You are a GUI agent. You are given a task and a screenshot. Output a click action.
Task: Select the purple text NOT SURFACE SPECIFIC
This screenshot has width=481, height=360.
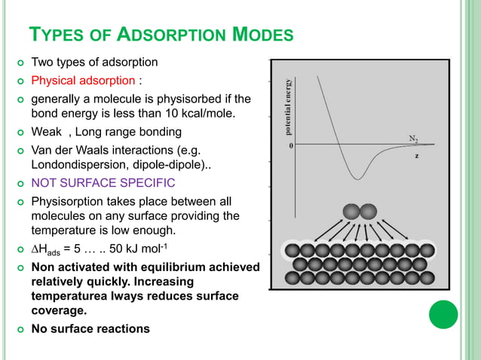coord(103,183)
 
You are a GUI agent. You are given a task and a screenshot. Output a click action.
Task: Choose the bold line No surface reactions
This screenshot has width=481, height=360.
coord(90,328)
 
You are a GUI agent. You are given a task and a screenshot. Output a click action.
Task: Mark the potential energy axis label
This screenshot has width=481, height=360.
coord(288,105)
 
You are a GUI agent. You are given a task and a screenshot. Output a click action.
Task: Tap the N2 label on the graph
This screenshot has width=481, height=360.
coord(414,139)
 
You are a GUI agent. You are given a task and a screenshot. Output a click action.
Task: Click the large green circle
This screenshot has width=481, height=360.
coord(443,314)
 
